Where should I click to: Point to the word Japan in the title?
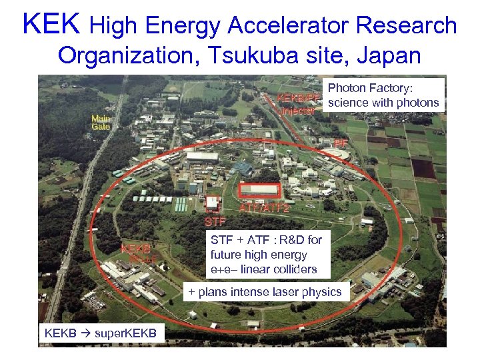[388, 55]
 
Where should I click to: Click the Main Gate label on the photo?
[101, 122]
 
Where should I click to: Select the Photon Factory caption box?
[383, 95]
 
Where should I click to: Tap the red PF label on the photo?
[341, 143]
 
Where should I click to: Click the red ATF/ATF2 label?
[264, 208]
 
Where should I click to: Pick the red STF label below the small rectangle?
[215, 221]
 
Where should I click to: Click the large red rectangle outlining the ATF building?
[259, 190]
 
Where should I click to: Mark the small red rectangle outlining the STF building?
[213, 202]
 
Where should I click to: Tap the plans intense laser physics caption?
[265, 291]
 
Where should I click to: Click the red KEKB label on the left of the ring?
[135, 249]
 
